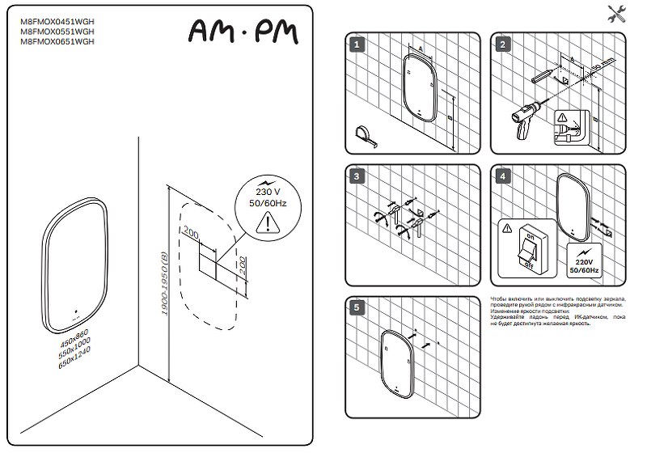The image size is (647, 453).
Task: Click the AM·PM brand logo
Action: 243,31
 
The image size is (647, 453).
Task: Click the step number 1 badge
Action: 355,44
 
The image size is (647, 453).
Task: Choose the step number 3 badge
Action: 355,176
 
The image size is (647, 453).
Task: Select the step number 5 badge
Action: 355,307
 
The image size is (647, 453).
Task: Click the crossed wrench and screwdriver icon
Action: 617,13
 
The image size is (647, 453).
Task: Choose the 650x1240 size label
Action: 74,357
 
